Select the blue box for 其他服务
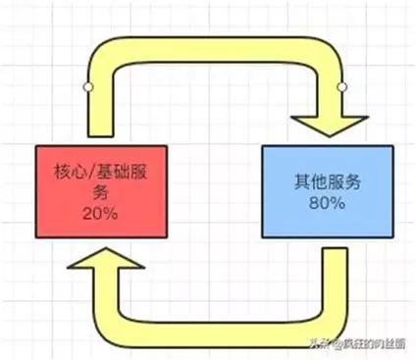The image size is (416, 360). [328, 192]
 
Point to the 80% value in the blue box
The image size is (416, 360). [328, 203]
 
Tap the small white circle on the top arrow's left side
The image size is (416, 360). [87, 88]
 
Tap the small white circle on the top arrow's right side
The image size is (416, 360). [342, 88]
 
